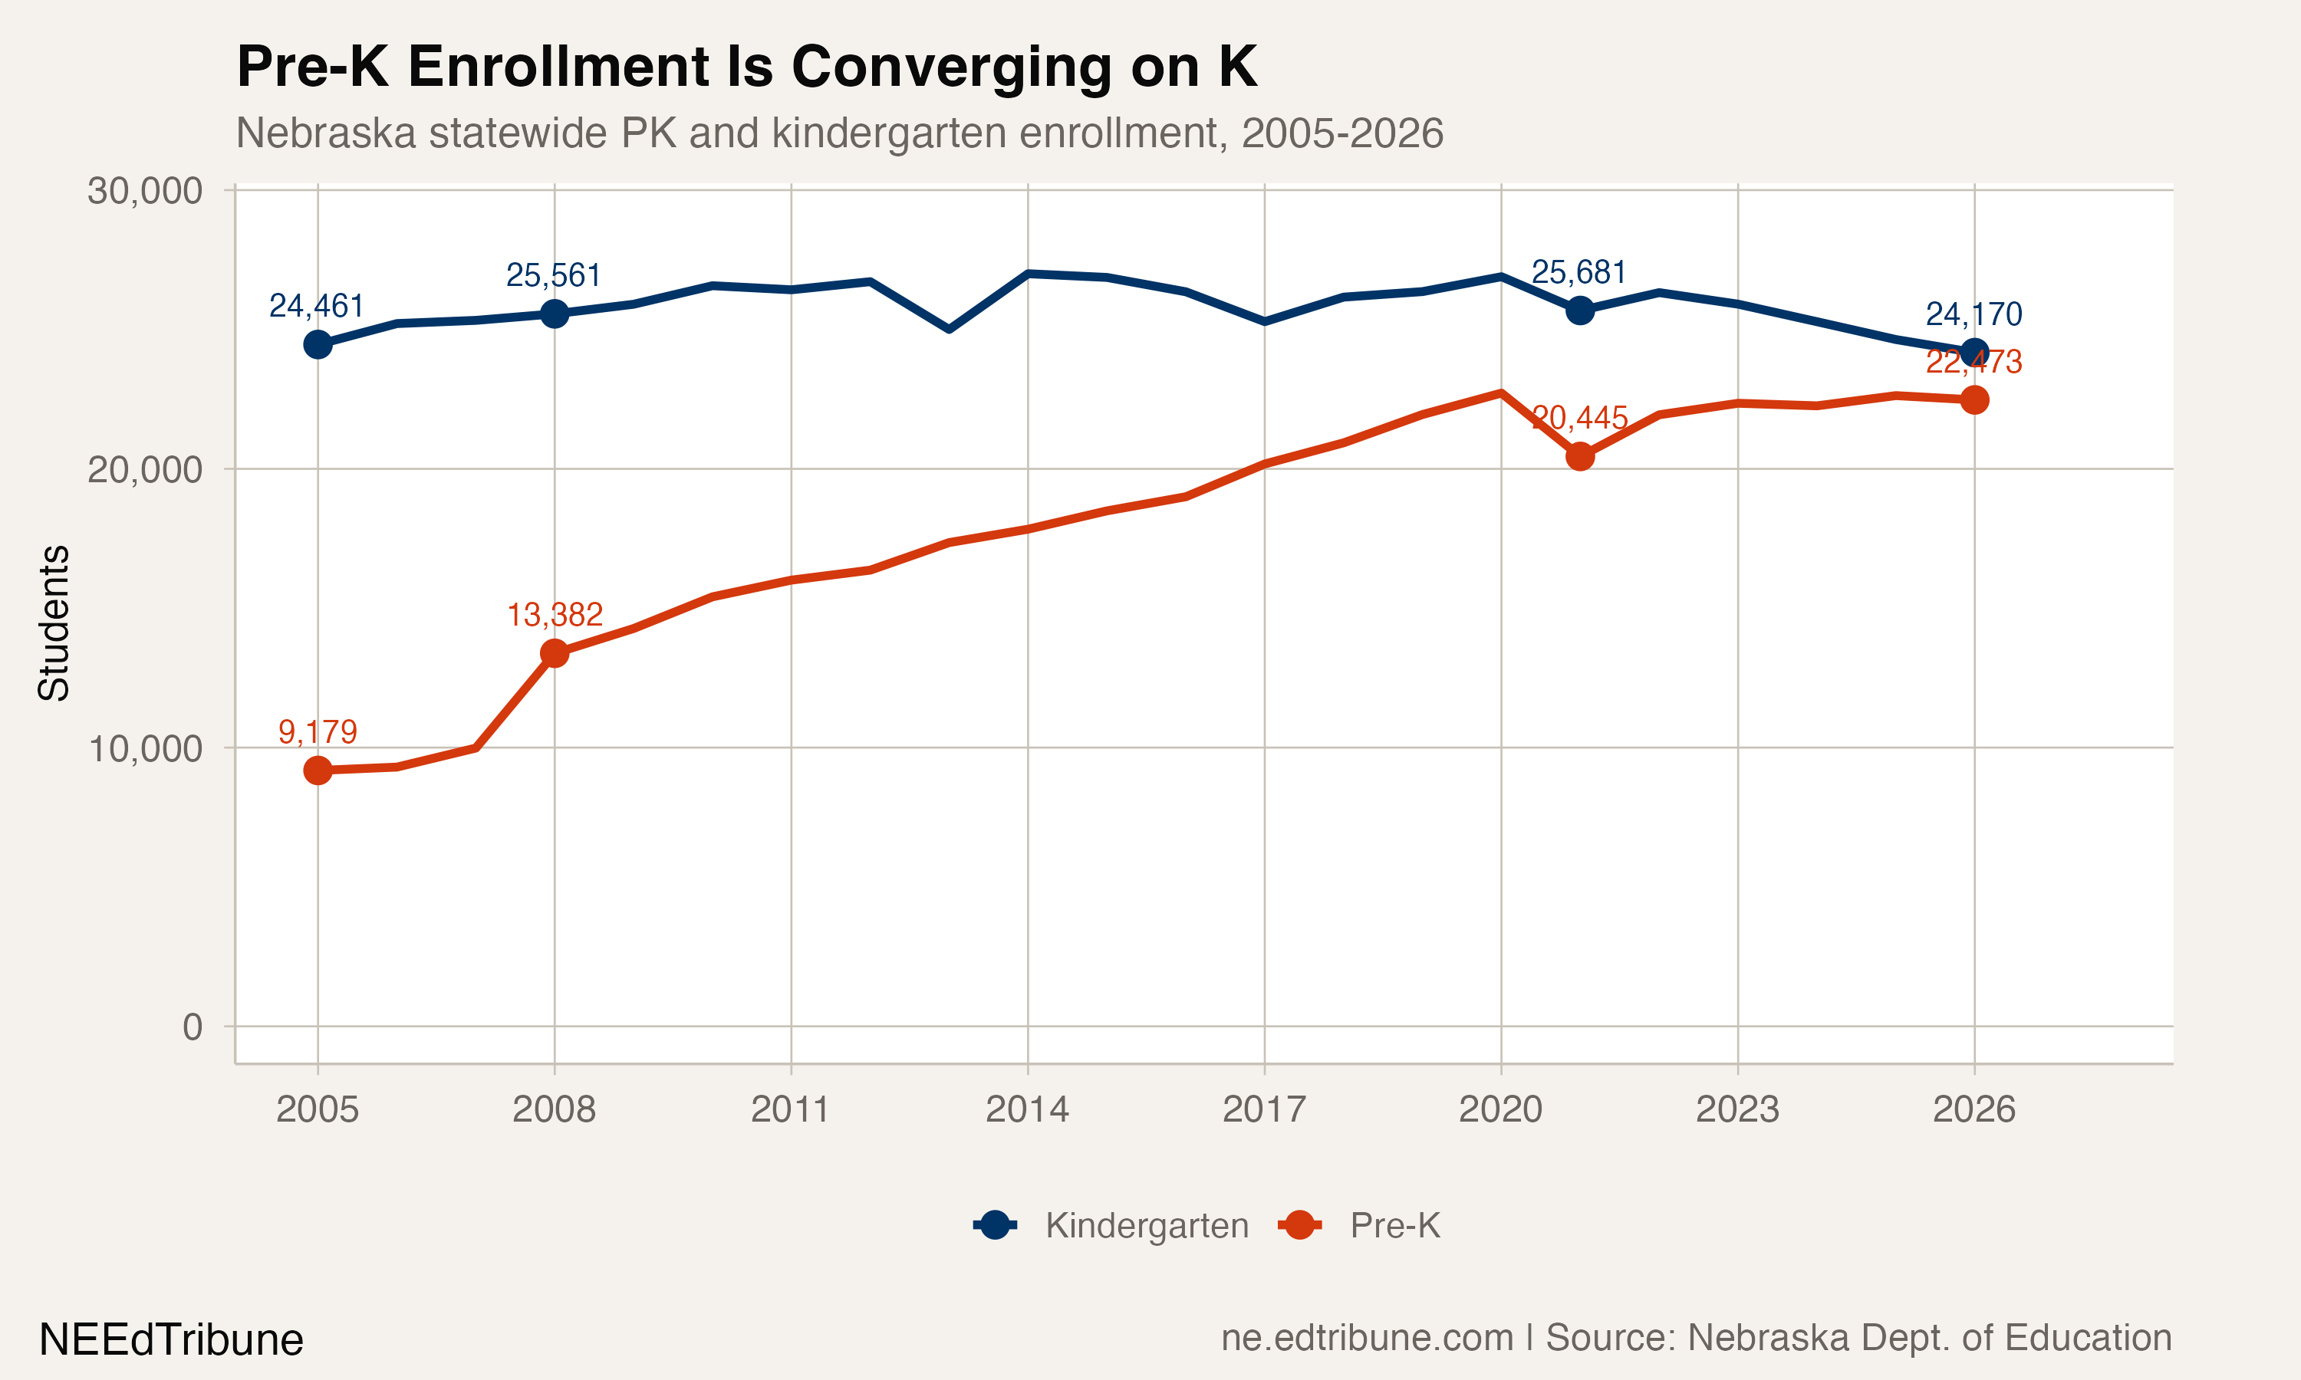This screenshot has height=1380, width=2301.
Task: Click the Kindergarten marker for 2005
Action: click(x=318, y=344)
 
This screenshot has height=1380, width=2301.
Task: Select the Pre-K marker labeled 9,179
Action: click(x=318, y=770)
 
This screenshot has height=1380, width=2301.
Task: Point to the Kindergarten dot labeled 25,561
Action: click(x=555, y=314)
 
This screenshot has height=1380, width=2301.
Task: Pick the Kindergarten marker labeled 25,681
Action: click(x=1579, y=310)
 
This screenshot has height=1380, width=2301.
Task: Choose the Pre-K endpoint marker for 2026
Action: click(x=1973, y=400)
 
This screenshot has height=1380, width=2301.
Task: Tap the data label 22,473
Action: click(x=1973, y=362)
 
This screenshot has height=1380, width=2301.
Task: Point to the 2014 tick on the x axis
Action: click(x=1027, y=1109)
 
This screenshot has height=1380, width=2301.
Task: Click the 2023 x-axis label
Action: click(x=1736, y=1109)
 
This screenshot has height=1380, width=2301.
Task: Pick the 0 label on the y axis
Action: click(x=192, y=1027)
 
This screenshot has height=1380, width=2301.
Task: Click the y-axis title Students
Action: click(x=53, y=623)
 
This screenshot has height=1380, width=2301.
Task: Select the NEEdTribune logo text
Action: click(x=171, y=1340)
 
